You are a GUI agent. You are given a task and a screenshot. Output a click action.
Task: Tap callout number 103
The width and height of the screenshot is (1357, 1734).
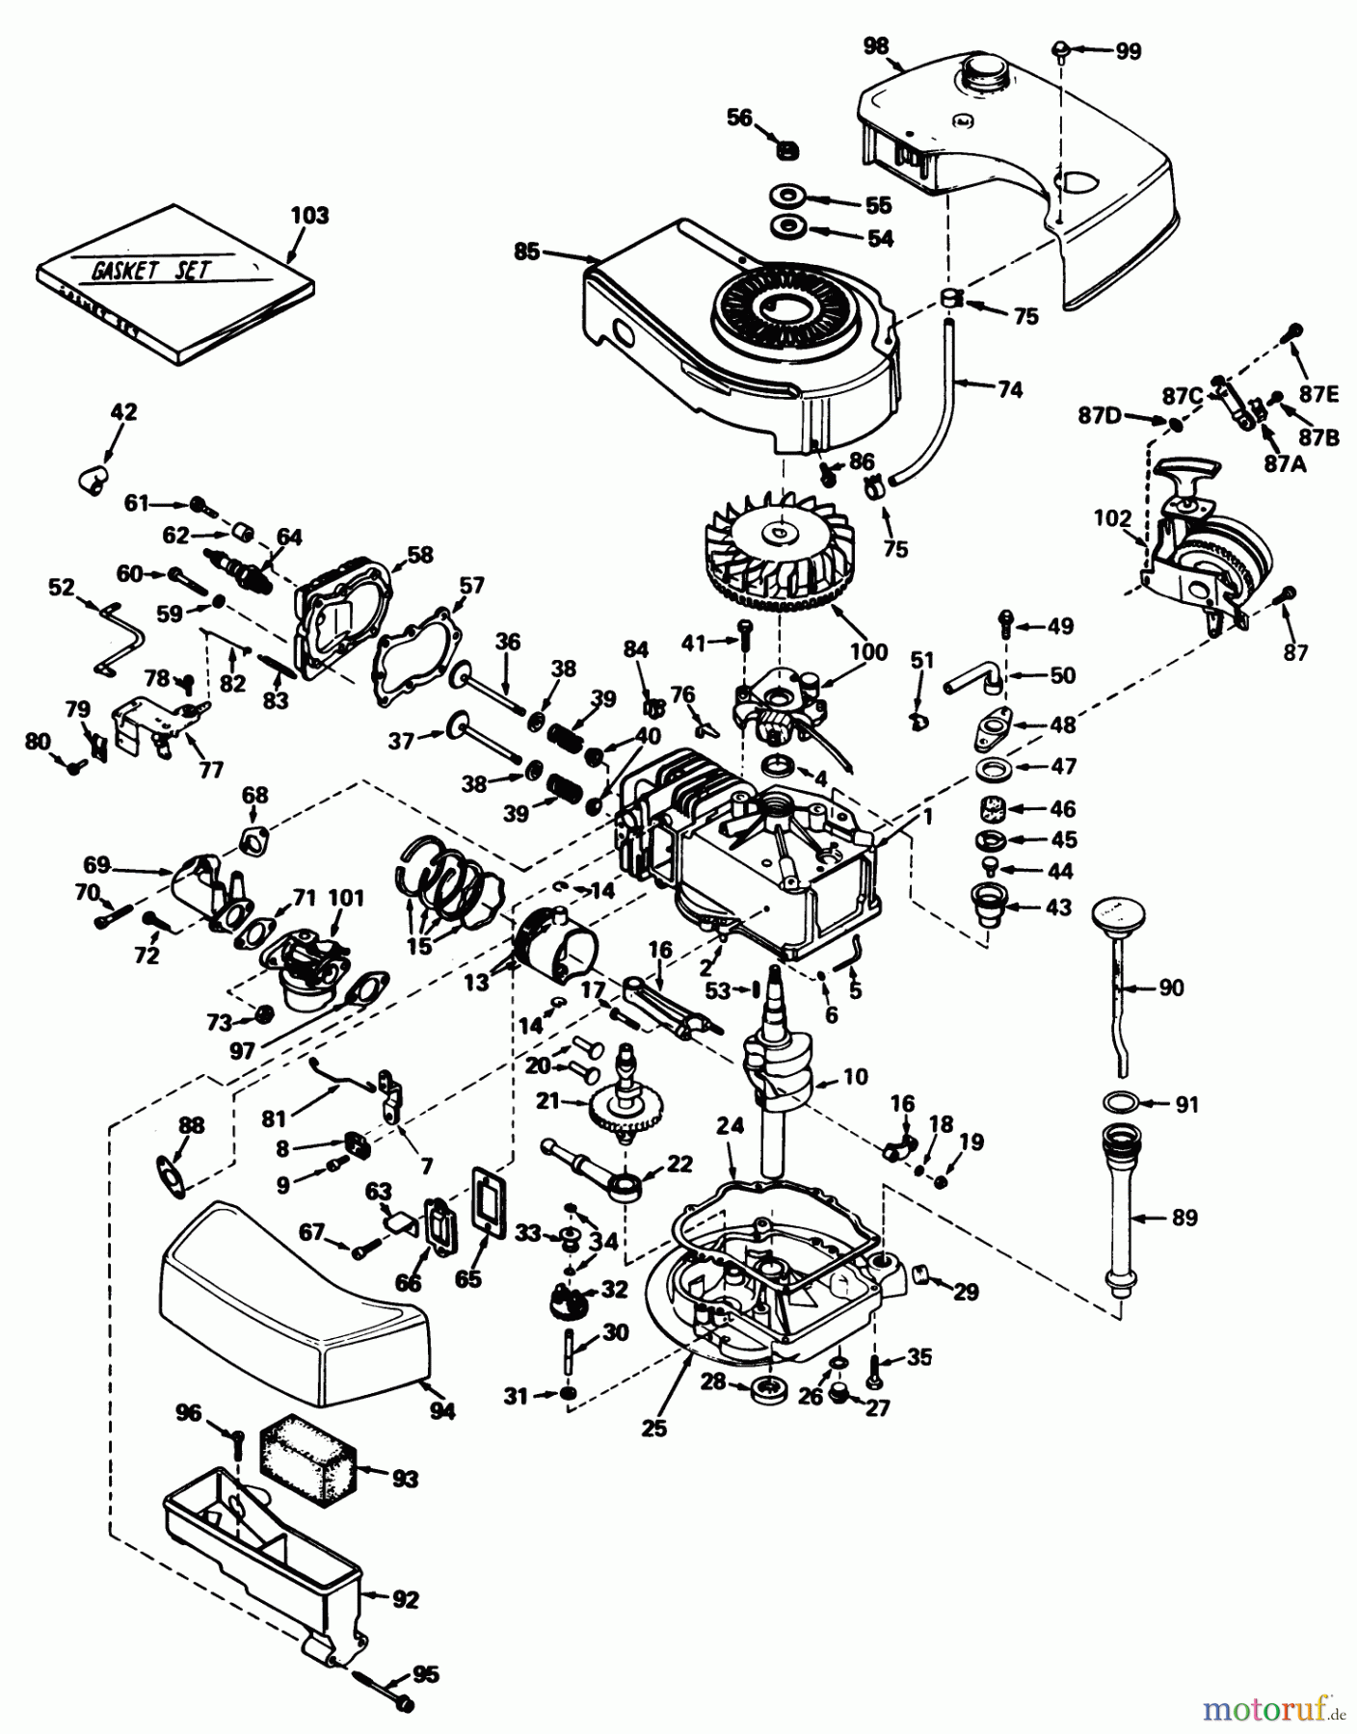pos(309,216)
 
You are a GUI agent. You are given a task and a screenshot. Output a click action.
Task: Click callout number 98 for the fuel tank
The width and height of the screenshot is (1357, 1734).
pos(876,45)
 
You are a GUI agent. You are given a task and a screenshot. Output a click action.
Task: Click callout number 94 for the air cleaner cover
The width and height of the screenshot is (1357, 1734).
pos(442,1411)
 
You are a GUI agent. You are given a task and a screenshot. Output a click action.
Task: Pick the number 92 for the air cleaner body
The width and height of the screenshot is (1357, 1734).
pos(406,1599)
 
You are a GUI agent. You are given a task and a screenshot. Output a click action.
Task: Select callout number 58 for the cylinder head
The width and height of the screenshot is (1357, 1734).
pos(419,555)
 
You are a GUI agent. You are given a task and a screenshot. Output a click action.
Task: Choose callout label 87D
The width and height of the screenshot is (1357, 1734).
pos(1099,415)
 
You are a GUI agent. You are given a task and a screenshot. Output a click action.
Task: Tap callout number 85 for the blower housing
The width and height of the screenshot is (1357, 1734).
pos(526,252)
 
